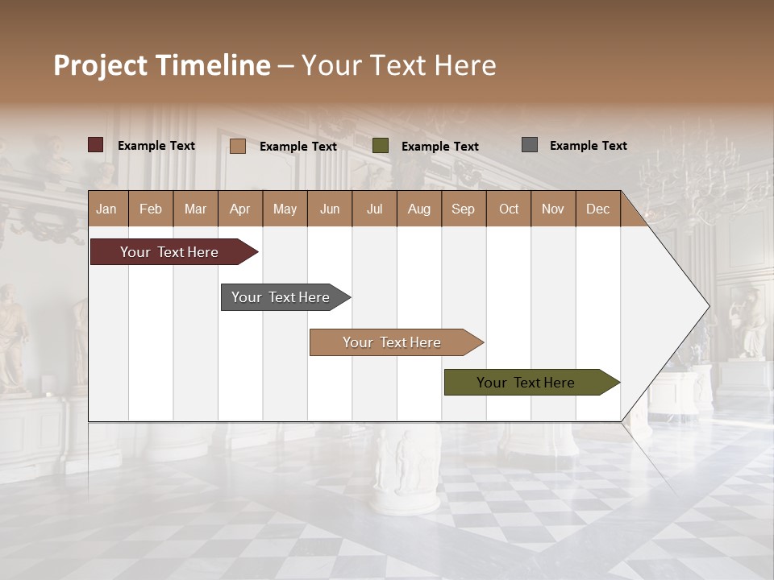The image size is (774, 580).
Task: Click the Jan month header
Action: (106, 209)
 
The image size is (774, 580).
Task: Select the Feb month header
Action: (151, 209)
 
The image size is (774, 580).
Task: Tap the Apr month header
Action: (239, 209)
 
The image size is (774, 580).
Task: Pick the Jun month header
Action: (330, 209)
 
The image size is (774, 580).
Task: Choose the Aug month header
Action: (418, 209)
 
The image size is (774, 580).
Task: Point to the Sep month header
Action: (463, 209)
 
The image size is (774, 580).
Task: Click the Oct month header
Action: (509, 209)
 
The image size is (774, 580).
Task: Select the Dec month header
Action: (597, 209)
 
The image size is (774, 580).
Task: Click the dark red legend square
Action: (96, 145)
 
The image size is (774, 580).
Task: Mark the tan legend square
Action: (238, 146)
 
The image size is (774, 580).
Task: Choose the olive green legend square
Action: (381, 146)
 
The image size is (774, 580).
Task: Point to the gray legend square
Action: (530, 145)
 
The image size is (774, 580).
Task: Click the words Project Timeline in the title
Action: (162, 65)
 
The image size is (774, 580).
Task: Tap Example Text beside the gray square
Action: (588, 146)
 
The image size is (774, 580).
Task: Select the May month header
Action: (285, 209)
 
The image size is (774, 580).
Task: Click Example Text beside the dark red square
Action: (156, 146)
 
